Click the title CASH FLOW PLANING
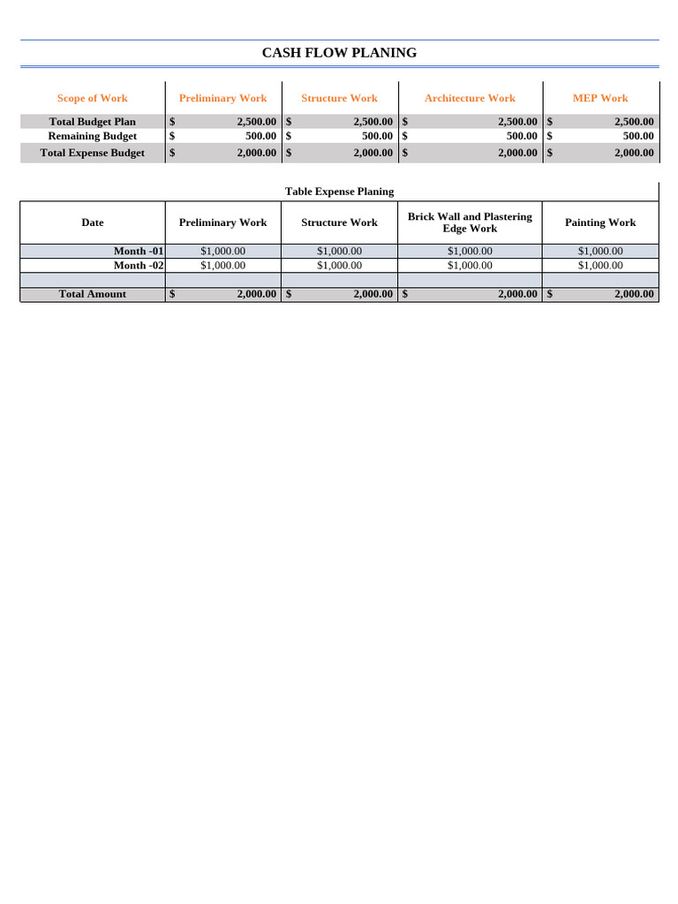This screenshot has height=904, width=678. click(x=339, y=53)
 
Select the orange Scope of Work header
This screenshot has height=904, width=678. click(x=92, y=98)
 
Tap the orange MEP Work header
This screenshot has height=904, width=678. click(x=600, y=98)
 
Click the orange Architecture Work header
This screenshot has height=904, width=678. click(x=470, y=98)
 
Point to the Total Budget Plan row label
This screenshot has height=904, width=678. click(x=92, y=122)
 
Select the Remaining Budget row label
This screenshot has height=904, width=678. click(x=92, y=137)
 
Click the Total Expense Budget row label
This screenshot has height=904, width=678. click(x=92, y=153)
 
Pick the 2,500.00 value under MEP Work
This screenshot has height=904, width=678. click(x=634, y=122)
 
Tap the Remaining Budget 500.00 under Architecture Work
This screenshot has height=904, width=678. click(x=521, y=137)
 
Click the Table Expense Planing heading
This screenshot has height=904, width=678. click(x=339, y=192)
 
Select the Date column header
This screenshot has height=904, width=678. click(x=92, y=222)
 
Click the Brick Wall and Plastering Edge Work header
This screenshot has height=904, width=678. click(x=470, y=222)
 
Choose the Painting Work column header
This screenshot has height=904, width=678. click(x=600, y=222)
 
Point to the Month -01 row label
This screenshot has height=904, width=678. click(x=139, y=252)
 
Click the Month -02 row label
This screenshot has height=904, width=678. click(x=139, y=266)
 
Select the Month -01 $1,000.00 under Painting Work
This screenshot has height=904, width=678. click(x=600, y=252)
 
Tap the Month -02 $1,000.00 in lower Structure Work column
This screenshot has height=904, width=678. click(x=339, y=266)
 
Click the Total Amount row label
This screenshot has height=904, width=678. click(x=92, y=294)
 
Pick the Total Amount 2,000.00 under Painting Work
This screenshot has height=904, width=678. click(x=634, y=294)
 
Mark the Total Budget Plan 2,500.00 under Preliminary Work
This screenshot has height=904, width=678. click(x=256, y=122)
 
